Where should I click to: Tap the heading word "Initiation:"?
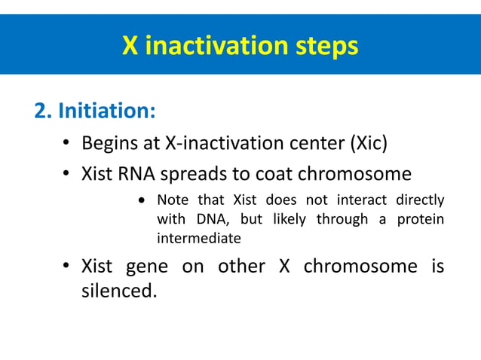tap(107, 111)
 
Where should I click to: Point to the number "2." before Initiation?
tap(44, 111)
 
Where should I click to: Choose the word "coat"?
tap(274, 174)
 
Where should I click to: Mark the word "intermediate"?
tap(198, 239)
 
